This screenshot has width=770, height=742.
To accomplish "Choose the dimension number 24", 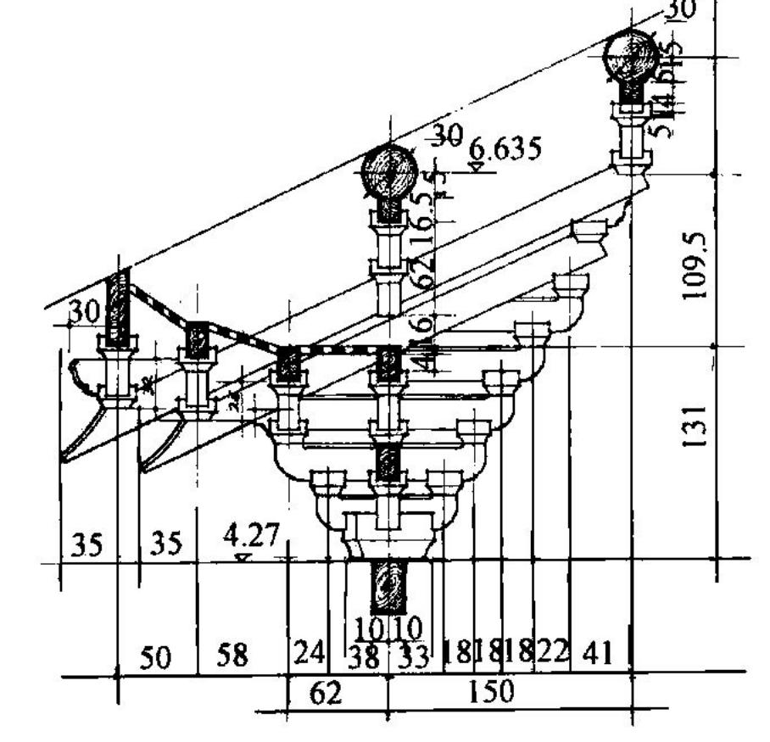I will (308, 653).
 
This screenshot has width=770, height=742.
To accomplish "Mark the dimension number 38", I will (365, 658).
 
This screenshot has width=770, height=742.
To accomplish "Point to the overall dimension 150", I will (492, 691).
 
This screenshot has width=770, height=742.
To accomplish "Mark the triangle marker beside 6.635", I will (477, 166).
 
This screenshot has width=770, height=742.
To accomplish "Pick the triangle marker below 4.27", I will (243, 556).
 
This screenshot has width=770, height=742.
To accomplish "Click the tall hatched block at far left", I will (118, 307).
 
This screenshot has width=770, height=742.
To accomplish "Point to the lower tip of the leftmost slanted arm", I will (64, 458).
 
